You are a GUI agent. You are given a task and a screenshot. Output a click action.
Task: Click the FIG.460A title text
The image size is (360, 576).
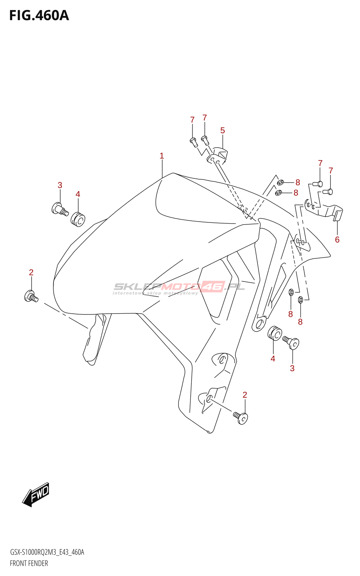coord(39,15)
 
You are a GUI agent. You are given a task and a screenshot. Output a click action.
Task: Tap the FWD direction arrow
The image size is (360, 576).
coord(36,495)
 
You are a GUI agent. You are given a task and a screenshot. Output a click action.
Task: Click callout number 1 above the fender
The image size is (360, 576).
coord(162,156)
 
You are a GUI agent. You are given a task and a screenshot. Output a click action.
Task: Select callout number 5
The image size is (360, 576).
coord(222,130)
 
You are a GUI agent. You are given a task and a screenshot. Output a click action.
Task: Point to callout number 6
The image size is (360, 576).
coord(337,240)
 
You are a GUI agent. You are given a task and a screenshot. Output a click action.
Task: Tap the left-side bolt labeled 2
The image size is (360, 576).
coord(31,297)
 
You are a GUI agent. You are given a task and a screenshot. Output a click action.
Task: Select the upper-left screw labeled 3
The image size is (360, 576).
coord(59,209)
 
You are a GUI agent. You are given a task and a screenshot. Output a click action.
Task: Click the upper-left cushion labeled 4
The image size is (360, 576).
coord(78,219)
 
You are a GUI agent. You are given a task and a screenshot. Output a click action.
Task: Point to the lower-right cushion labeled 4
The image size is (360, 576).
coord(275,333)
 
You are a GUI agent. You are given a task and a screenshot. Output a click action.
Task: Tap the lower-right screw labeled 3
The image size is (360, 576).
coord(292,342)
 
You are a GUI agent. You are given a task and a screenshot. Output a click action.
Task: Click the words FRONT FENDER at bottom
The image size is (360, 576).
coord(29,563)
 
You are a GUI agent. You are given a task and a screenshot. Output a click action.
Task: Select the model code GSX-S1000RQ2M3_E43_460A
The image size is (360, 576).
coord(47,552)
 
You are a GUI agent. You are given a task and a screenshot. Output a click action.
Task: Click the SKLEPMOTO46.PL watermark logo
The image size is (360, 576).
coord(179,288)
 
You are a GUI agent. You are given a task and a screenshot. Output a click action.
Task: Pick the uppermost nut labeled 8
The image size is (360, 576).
coord(281,183)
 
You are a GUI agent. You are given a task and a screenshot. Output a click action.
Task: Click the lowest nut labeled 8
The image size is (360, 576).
coord(301,300)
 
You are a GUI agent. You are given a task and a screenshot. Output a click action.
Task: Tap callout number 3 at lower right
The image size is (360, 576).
coord(292,368)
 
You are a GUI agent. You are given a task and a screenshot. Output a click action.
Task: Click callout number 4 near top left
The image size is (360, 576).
coord(78,194)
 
